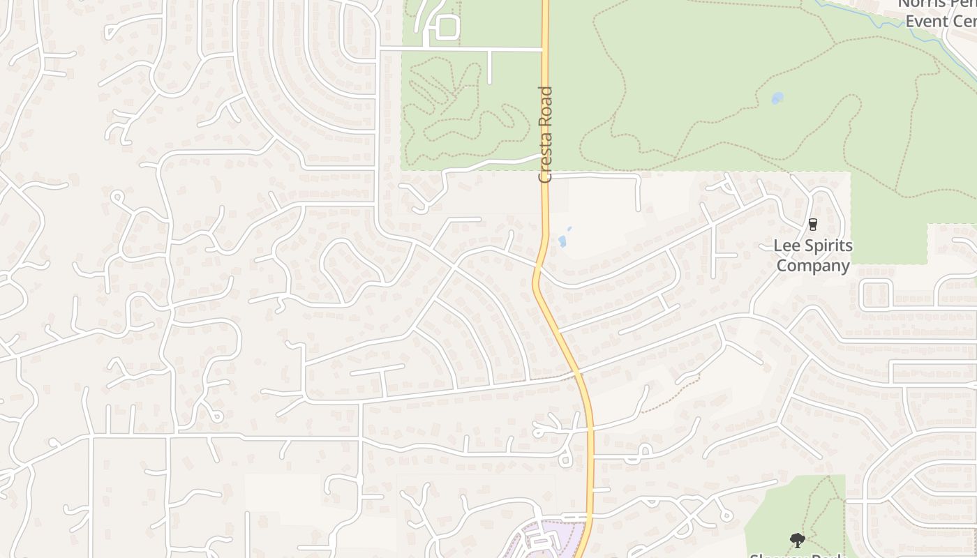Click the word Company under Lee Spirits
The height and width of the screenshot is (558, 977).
point(813,266)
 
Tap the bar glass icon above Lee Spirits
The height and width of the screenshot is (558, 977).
point(812,225)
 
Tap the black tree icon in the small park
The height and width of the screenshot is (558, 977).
point(797,540)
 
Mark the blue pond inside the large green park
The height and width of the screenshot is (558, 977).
point(777,98)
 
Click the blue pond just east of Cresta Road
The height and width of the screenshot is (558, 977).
point(562,241)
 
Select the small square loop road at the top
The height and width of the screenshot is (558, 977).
point(447,29)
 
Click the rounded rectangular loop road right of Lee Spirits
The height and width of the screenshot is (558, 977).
point(877,293)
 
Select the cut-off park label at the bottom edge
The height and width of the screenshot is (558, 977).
point(797,555)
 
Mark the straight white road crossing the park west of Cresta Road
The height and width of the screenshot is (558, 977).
point(461,50)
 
